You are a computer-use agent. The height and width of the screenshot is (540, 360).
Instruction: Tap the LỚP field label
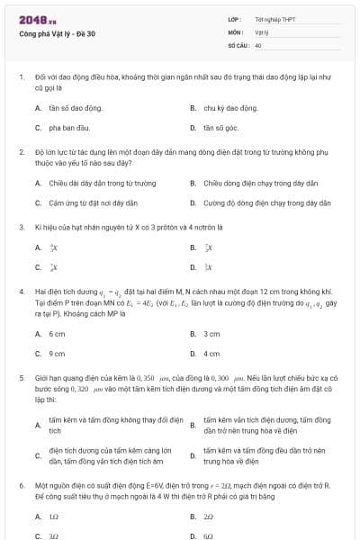click(x=234, y=19)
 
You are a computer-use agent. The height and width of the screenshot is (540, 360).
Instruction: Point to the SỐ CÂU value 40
click(x=258, y=44)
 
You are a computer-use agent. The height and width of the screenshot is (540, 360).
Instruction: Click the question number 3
click(x=21, y=227)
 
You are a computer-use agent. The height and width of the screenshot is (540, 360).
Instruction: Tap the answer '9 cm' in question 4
click(x=57, y=354)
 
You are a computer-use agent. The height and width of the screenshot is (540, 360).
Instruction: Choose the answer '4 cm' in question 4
click(x=211, y=354)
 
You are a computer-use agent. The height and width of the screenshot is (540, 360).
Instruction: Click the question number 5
click(x=21, y=379)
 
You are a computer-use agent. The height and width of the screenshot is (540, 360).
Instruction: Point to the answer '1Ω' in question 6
click(x=54, y=517)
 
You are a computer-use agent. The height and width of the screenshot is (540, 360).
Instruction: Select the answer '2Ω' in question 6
click(x=208, y=517)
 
